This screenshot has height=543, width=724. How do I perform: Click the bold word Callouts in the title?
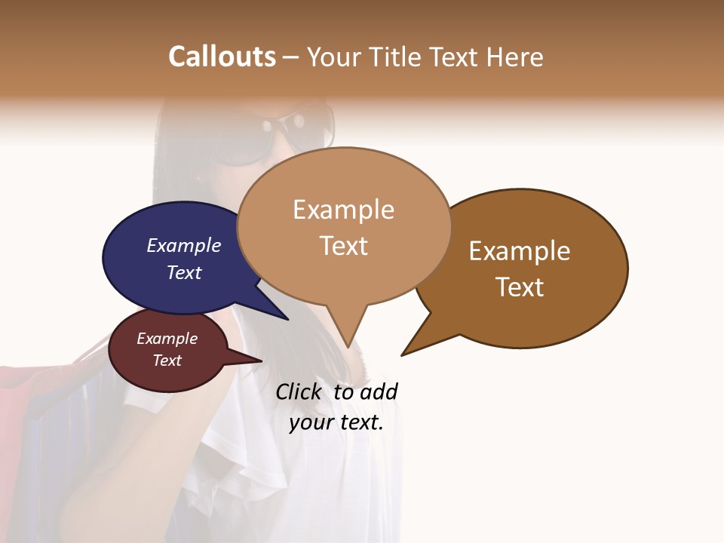point(222,57)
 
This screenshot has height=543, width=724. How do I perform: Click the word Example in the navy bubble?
point(183,246)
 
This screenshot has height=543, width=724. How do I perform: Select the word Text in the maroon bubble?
point(167,360)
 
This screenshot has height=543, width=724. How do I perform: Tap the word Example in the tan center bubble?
point(343,210)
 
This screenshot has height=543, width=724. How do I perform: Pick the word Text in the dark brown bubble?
point(520,287)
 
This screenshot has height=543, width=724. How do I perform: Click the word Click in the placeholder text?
point(298,392)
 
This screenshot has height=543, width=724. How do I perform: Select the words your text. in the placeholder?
point(336,422)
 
